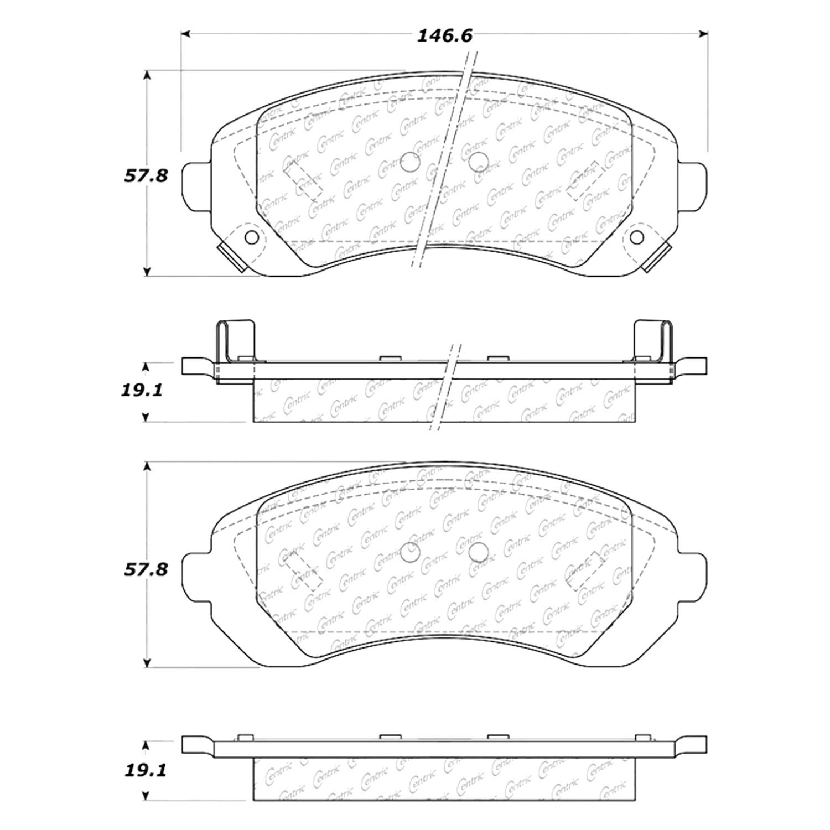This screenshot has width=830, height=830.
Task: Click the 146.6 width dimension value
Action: (x=437, y=36)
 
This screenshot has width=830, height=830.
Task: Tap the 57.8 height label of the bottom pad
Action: (x=146, y=569)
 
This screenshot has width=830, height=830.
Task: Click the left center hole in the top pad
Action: (x=411, y=162)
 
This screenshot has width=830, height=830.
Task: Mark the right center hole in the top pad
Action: (x=478, y=162)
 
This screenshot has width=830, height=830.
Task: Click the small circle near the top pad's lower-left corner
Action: (x=251, y=237)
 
